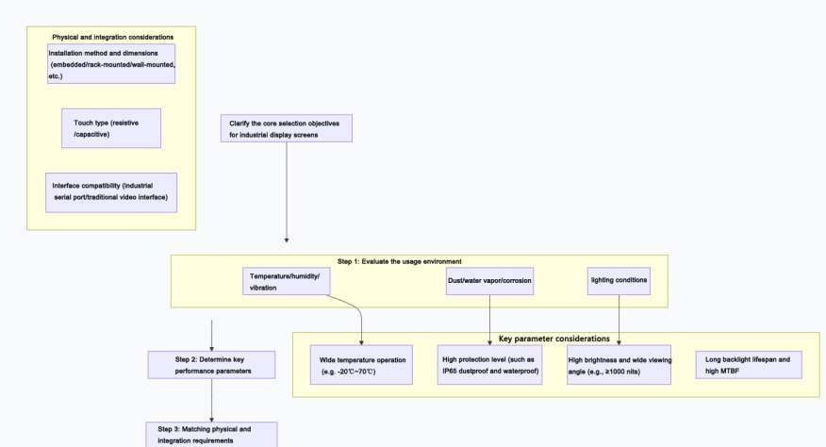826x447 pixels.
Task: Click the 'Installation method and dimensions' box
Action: pos(111,64)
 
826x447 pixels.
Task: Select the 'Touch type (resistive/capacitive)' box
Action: pos(110,128)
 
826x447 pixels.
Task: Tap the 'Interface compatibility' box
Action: pos(111,191)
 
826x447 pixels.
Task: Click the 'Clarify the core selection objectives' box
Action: pos(287,128)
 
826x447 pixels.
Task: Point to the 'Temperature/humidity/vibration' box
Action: pos(285,280)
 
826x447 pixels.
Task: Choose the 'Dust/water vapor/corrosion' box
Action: pos(490,280)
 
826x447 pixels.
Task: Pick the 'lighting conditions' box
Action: pos(619,280)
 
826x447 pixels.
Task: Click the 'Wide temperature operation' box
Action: pos(361,365)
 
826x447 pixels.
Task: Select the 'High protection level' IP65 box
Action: pos(490,365)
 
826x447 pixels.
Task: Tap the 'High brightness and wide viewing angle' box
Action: pos(619,365)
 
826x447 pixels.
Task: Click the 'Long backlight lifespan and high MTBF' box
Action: pos(748,365)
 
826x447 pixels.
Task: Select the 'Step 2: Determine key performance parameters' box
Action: pos(211,365)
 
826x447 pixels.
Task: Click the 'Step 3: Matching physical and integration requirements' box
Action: pos(211,434)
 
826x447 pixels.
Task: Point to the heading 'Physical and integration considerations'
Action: pos(112,37)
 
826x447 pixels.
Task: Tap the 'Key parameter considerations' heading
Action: pos(553,338)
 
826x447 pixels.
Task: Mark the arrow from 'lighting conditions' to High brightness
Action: pos(619,317)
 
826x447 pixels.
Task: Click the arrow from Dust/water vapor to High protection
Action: pos(490,317)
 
